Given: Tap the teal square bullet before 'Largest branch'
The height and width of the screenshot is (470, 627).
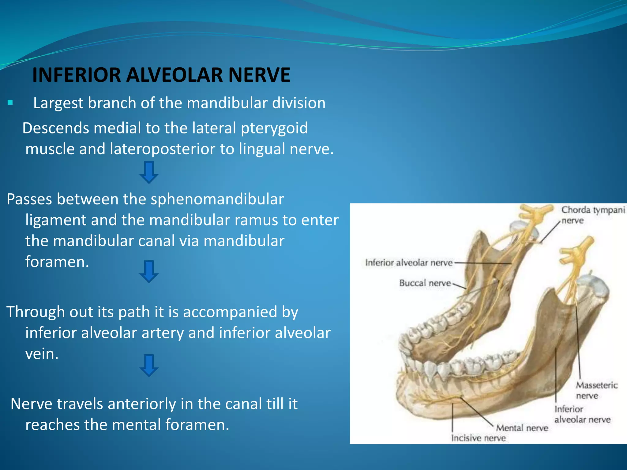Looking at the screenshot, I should click(x=10, y=103).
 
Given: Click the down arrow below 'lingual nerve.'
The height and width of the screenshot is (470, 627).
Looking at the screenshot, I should click(x=149, y=173).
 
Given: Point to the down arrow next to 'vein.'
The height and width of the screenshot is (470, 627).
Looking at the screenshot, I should click(x=149, y=365).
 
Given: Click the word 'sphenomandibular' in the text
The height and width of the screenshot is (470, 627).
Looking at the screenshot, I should click(x=217, y=200).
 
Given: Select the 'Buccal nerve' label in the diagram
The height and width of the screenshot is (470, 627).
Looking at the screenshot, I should click(x=425, y=283).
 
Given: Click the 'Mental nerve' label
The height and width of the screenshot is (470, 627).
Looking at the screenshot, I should click(x=522, y=428).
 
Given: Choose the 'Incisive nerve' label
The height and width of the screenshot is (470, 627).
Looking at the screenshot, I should click(x=478, y=438).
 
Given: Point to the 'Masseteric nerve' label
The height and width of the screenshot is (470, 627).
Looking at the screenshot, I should click(x=596, y=390).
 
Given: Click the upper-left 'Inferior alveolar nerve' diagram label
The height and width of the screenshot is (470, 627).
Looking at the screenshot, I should click(x=409, y=263).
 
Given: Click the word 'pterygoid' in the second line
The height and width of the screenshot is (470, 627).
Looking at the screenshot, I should click(x=274, y=129).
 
